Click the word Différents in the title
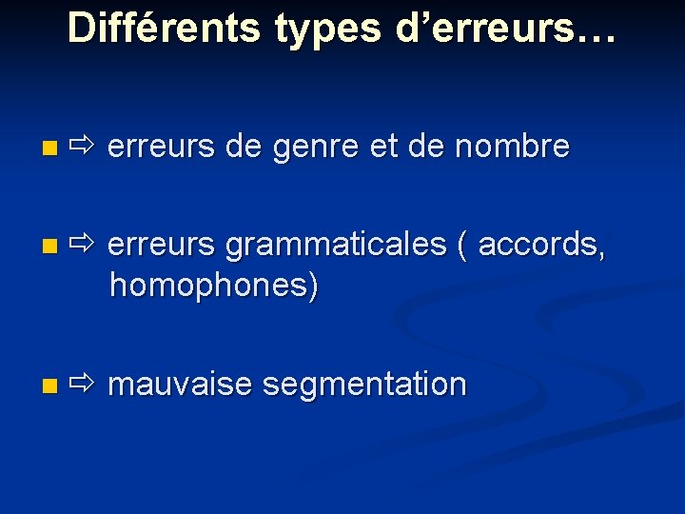tap(165, 29)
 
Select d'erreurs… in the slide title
tap(505, 29)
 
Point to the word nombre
tap(512, 148)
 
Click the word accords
tap(541, 245)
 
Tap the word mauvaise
tap(180, 385)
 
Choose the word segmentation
tap(364, 385)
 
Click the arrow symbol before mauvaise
tap(83, 385)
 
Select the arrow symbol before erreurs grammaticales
tap(83, 245)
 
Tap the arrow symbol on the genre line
tap(83, 148)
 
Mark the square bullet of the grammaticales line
tap(49, 247)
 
